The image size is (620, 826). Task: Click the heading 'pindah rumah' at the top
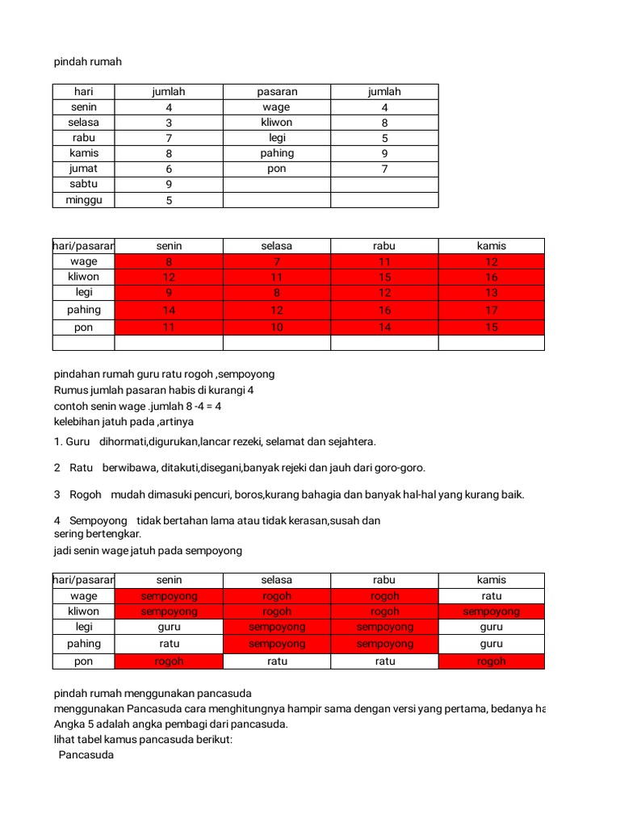click(87, 61)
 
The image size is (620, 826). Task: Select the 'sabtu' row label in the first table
click(84, 184)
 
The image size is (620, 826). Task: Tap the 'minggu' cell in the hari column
click(84, 200)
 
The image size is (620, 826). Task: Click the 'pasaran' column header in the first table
click(277, 92)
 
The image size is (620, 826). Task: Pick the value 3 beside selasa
click(169, 123)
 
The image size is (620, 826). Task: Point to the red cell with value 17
click(492, 310)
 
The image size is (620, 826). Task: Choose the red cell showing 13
click(492, 293)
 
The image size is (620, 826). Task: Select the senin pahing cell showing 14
click(169, 310)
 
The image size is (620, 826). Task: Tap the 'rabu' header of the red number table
click(384, 246)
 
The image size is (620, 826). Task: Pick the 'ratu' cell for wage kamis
click(492, 596)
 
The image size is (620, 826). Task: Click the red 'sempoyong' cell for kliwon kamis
click(492, 611)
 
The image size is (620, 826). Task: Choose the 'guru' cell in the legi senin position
click(169, 627)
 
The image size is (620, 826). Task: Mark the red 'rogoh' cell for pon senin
click(169, 661)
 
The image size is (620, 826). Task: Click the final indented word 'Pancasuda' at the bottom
click(86, 756)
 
